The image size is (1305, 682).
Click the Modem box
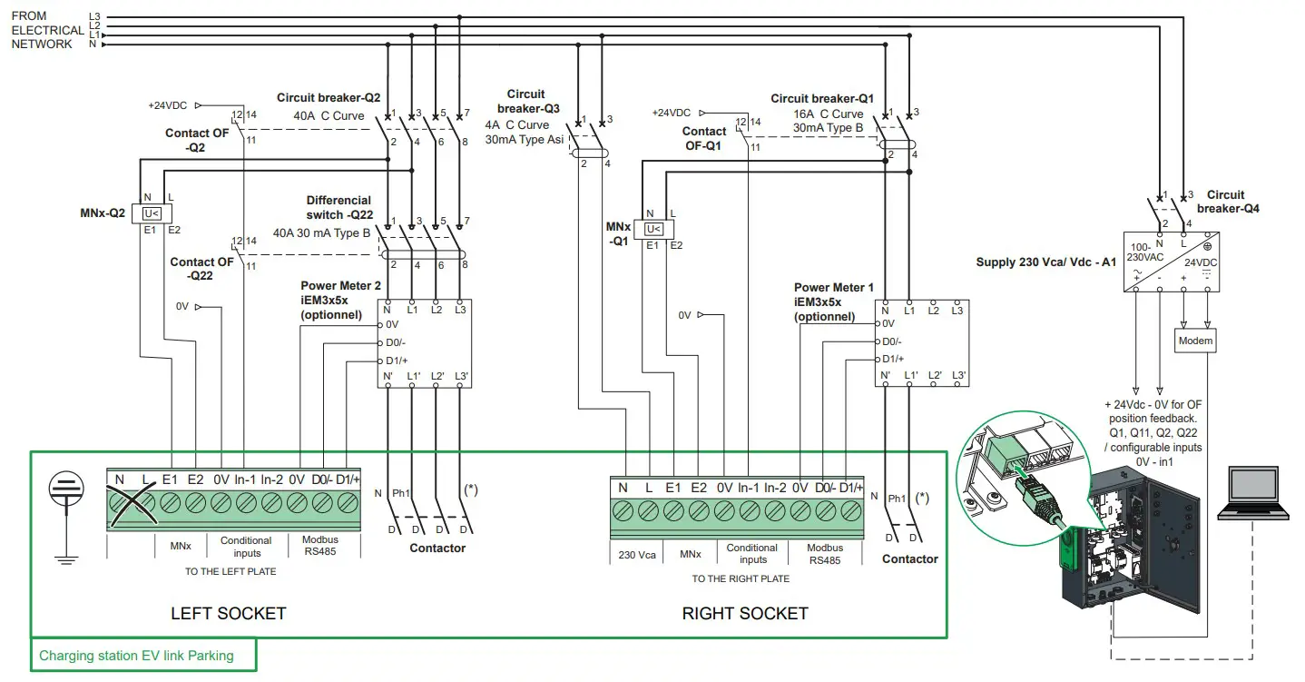[x=1195, y=341]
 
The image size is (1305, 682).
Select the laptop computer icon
[x=1252, y=494]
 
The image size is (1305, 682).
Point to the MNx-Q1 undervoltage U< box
[x=652, y=230]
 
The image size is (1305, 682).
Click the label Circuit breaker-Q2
[x=329, y=98]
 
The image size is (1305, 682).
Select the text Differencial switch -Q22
[x=339, y=207]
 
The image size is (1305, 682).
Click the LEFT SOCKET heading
[x=228, y=614]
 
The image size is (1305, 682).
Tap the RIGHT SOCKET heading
[x=744, y=614]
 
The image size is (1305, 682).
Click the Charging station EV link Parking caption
[x=136, y=656]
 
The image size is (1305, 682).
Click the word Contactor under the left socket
[x=437, y=549]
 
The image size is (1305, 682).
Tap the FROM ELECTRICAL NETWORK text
[x=43, y=30]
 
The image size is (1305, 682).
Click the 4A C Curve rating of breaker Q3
[x=517, y=125]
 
